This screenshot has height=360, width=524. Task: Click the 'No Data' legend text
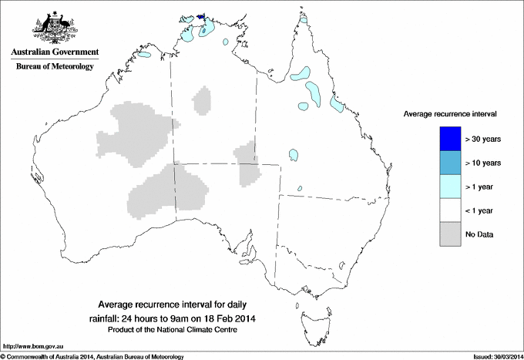[x=480, y=234]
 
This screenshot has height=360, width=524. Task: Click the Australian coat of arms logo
[x=55, y=26]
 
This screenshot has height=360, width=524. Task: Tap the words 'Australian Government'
[x=55, y=52]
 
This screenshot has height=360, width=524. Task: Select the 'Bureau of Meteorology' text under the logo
[x=55, y=67]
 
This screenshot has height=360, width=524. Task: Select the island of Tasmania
[x=310, y=316]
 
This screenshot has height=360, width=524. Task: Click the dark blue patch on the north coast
[x=202, y=15]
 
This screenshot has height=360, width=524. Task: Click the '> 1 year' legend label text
[x=482, y=187]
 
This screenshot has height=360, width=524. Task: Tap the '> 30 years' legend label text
[x=484, y=139]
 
